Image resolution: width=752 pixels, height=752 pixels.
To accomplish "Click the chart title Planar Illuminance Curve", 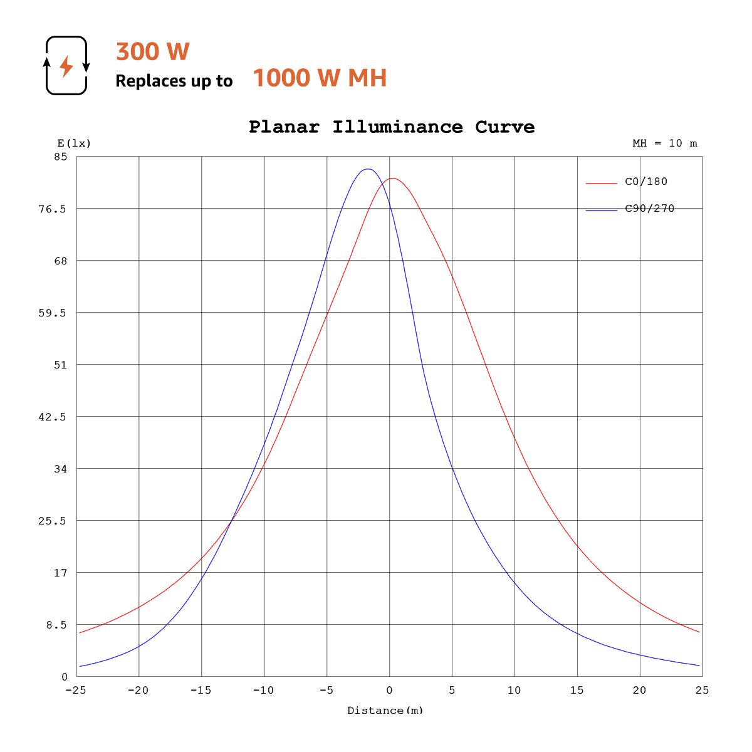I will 392,127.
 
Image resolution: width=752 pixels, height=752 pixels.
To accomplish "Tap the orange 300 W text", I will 152,51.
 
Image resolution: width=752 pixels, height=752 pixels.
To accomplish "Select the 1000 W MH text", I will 320,78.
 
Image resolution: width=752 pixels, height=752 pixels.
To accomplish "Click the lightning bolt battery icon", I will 66,66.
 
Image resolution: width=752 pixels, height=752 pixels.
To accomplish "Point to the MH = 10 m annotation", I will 664,144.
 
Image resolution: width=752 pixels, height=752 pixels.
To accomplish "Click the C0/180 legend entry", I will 646,182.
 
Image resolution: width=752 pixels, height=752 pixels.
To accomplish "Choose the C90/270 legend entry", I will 649,209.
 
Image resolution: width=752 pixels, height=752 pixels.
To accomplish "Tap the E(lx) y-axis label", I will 74,144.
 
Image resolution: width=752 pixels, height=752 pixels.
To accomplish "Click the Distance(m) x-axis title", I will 385,710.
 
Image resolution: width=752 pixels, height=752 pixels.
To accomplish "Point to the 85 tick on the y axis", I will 60,157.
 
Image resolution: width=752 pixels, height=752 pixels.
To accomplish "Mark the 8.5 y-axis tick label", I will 55,625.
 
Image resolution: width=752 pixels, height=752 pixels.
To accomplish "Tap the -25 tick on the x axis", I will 76,690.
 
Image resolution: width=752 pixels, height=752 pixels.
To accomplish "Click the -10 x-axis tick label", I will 263,690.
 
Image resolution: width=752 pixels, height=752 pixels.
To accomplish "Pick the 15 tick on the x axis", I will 577,690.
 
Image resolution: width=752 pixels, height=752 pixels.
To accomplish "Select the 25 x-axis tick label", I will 702,690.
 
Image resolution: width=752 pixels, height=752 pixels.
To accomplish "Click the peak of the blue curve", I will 368,169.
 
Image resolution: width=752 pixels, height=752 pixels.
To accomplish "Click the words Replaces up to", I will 174,81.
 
